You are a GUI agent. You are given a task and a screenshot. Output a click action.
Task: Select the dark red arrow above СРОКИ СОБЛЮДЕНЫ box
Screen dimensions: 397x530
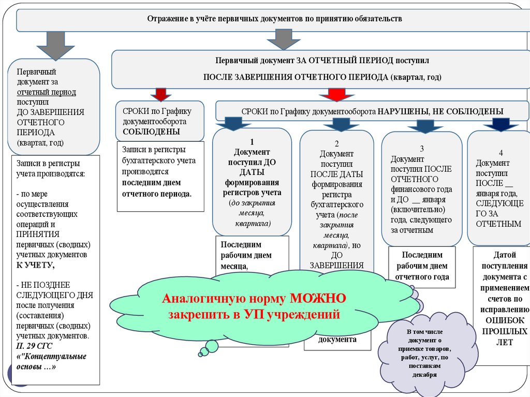pyautogui.click(x=161, y=94)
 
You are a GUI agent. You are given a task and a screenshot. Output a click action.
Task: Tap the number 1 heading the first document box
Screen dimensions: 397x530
pyautogui.click(x=252, y=142)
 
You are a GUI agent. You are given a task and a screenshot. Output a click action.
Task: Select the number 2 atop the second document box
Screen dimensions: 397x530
pyautogui.click(x=336, y=144)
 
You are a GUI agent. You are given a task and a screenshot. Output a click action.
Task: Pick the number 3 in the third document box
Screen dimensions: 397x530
pyautogui.click(x=422, y=148)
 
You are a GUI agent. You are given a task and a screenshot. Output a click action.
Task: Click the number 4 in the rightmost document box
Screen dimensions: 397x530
pyautogui.click(x=500, y=153)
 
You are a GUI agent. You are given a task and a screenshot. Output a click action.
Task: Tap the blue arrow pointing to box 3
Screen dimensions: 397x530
pyautogui.click(x=424, y=126)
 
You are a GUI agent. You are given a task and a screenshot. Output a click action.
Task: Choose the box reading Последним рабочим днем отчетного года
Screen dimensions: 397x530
pyautogui.click(x=422, y=266)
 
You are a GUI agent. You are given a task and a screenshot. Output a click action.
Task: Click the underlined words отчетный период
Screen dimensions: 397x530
pyautogui.click(x=46, y=92)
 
